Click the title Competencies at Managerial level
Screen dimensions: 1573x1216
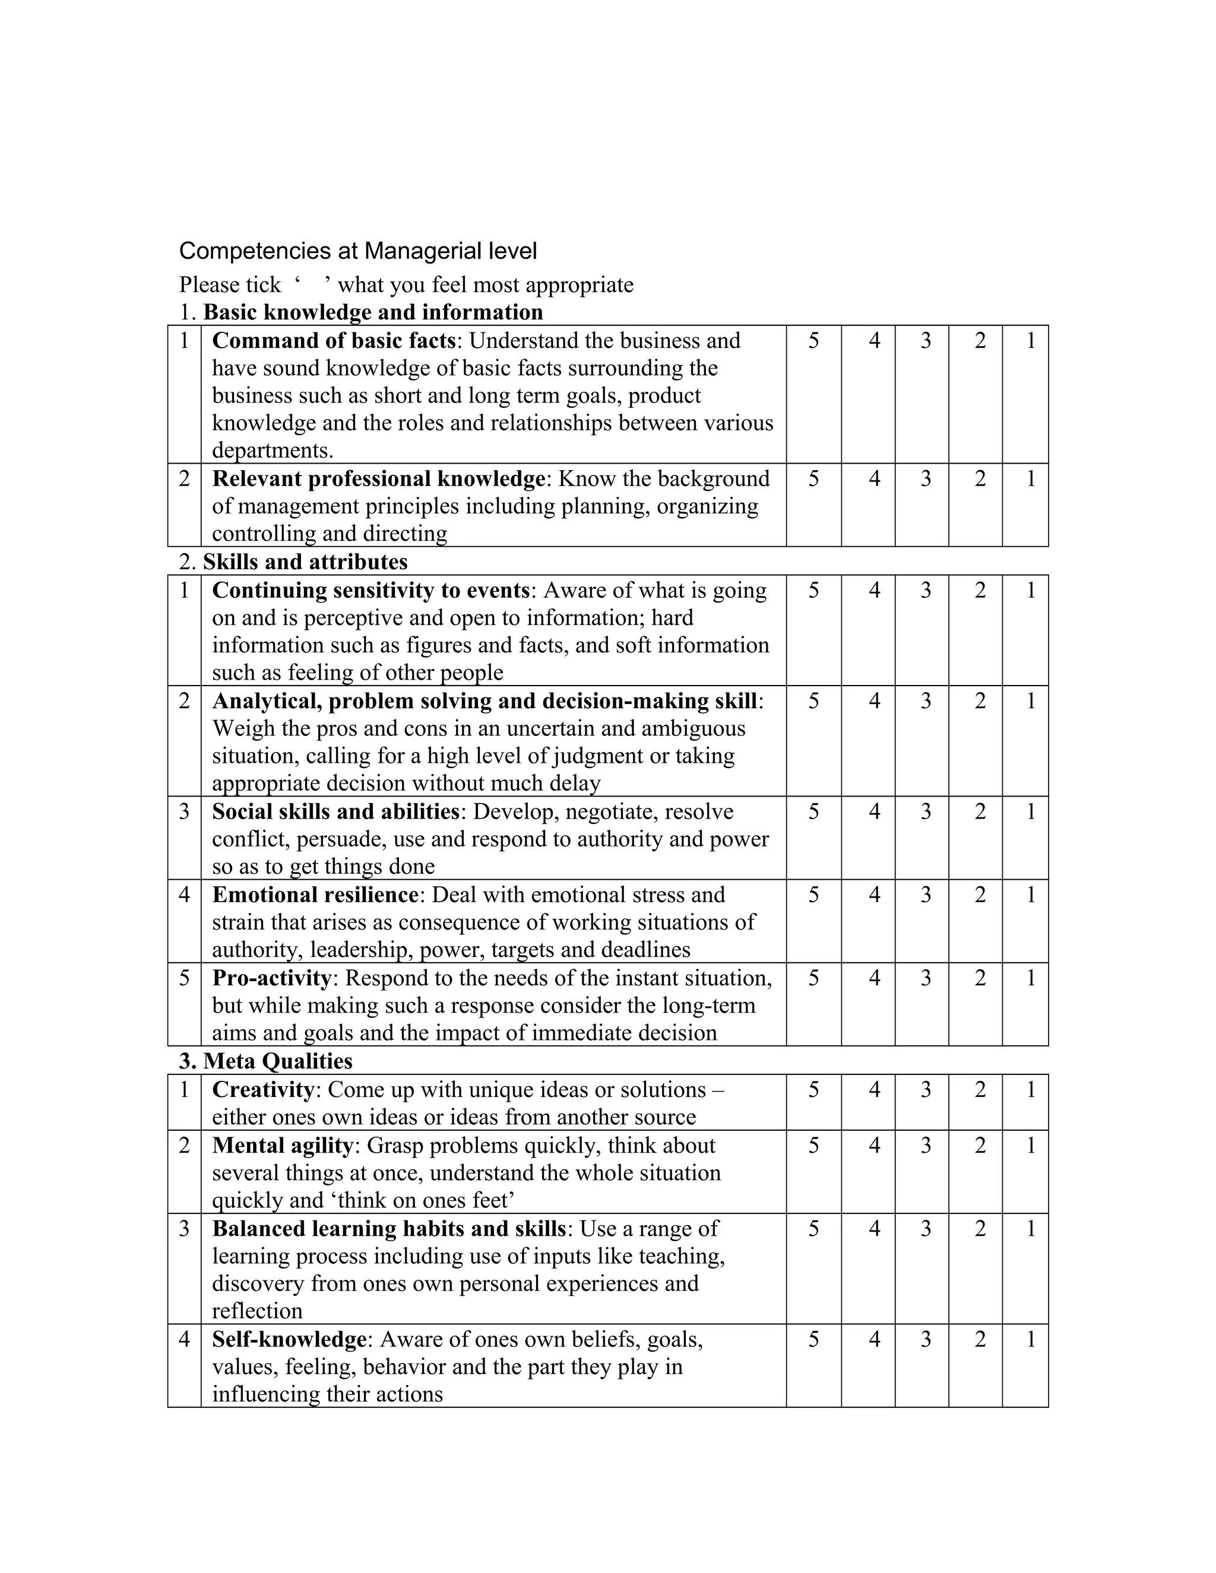click(x=357, y=250)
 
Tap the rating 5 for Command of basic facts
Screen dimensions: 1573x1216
click(x=813, y=341)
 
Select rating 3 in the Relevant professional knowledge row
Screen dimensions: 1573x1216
click(x=926, y=479)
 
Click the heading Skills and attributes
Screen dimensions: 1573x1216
click(x=305, y=562)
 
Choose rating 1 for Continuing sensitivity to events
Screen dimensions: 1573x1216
click(x=1030, y=591)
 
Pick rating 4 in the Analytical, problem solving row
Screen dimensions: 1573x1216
click(x=874, y=701)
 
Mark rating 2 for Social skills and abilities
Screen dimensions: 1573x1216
click(x=980, y=811)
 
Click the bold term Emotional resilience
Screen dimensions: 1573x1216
click(x=315, y=895)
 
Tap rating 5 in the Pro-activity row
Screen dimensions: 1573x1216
click(x=813, y=978)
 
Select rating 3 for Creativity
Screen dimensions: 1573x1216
click(x=926, y=1090)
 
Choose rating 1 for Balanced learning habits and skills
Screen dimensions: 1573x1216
click(x=1030, y=1229)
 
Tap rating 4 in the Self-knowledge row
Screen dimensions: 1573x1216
click(x=874, y=1340)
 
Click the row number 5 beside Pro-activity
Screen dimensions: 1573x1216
click(x=185, y=978)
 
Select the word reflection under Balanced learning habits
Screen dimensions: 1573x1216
click(x=256, y=1311)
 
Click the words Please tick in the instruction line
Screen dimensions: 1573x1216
click(x=230, y=285)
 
